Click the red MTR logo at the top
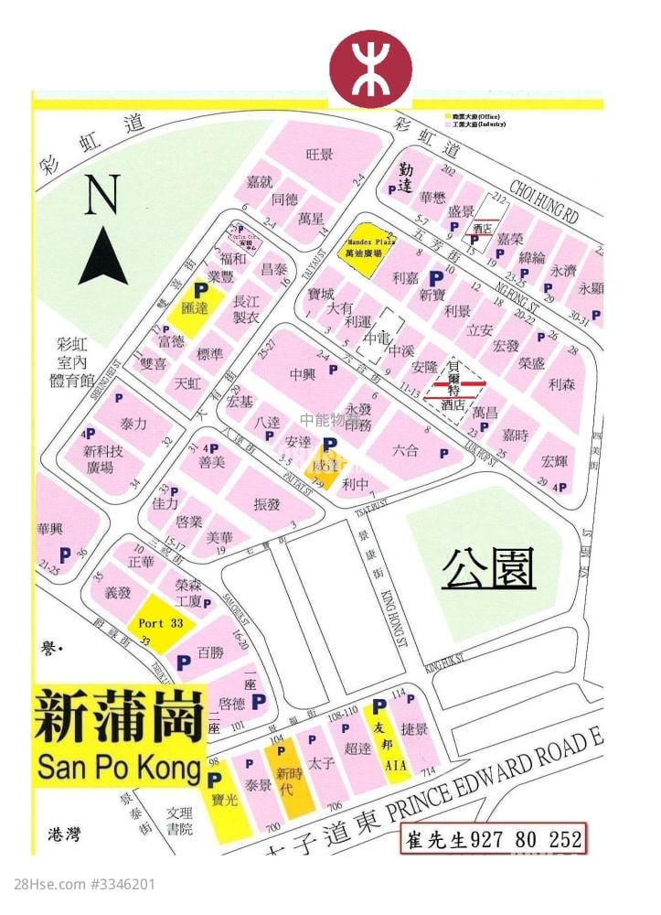point(371,70)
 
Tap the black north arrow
point(103,255)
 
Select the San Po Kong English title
point(118,767)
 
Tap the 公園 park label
point(488,569)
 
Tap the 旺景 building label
point(320,154)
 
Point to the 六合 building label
point(405,450)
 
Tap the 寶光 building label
point(224,798)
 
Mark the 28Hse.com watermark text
point(84,884)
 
